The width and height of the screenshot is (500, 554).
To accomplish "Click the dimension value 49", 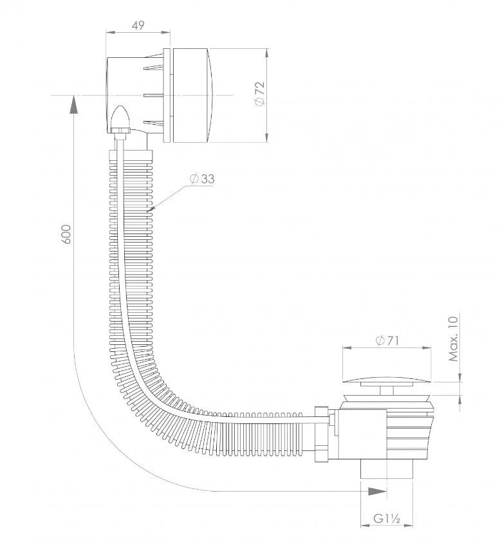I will pyautogui.click(x=137, y=25).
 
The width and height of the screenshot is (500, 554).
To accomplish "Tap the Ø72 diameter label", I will pyautogui.click(x=259, y=95).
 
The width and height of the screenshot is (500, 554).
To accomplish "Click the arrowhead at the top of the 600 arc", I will pyautogui.click(x=73, y=103).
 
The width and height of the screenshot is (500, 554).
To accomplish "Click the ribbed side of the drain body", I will pyautogui.click(x=409, y=431).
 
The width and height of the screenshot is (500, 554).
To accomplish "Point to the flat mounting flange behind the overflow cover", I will pyautogui.click(x=167, y=95).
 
